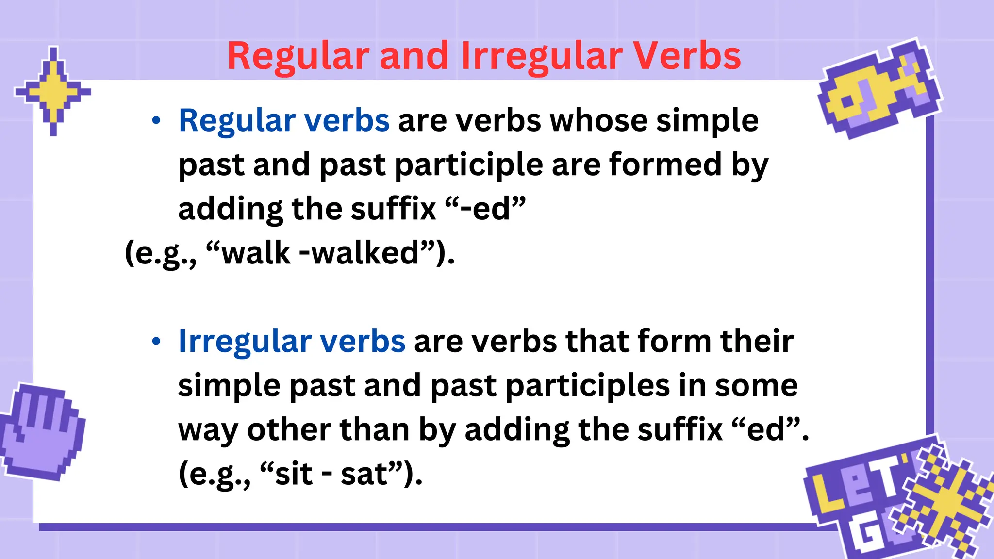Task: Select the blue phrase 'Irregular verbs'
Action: coord(292,341)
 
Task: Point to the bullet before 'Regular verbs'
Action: coord(156,121)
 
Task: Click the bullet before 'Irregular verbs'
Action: coord(156,342)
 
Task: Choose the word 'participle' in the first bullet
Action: coord(469,165)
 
